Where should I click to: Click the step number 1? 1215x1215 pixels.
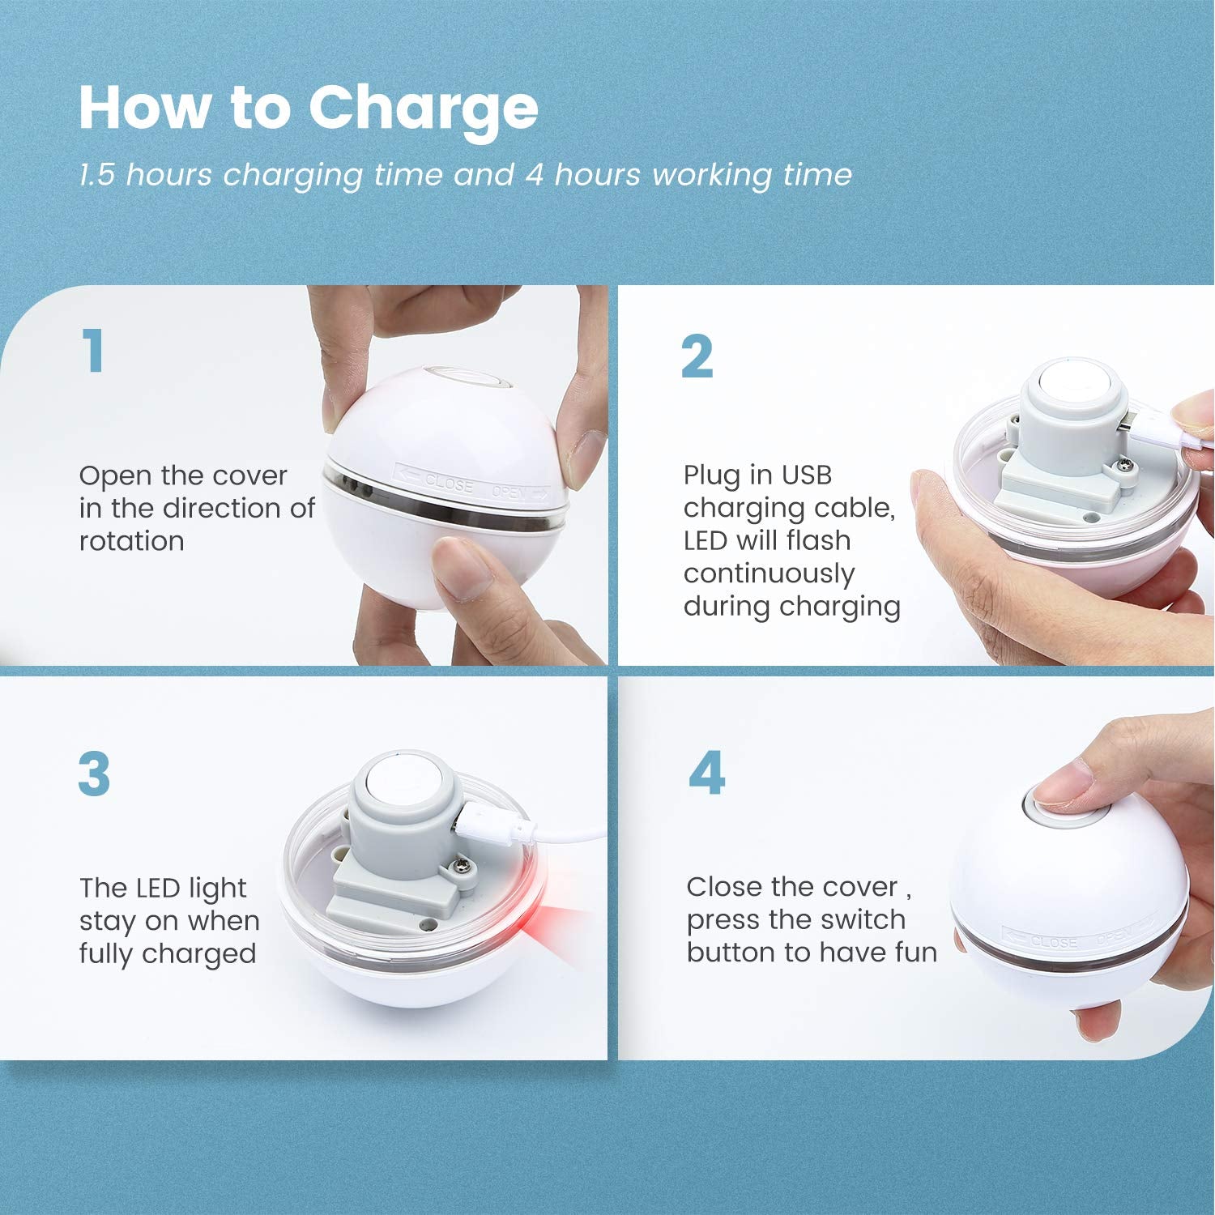pos(95,350)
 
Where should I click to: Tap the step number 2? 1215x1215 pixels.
pos(697,357)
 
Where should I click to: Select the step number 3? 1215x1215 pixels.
pos(94,774)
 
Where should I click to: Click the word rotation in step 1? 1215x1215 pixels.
pos(132,541)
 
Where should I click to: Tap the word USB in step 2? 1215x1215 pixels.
pos(806,475)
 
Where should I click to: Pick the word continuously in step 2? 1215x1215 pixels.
pos(769,574)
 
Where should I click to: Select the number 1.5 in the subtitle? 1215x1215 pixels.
pos(98,175)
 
